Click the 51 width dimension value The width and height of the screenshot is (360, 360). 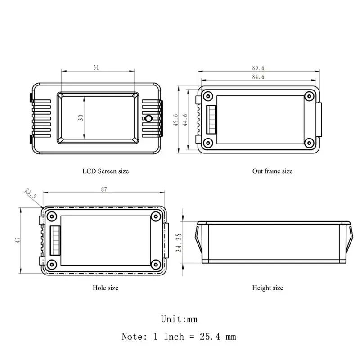(96, 67)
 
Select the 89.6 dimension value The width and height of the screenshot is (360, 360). (258, 68)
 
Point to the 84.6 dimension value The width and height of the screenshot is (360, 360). (258, 77)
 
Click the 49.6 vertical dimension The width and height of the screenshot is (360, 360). (176, 120)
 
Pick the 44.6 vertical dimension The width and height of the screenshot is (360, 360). (185, 120)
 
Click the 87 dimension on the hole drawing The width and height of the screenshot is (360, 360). (104, 190)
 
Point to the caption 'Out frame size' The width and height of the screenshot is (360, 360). (272, 171)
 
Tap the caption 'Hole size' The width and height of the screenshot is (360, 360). (105, 288)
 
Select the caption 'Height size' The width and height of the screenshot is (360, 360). (268, 288)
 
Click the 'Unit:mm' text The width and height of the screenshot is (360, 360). (179, 319)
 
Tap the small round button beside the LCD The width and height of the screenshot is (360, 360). (148, 119)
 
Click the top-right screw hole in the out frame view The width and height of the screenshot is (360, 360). (309, 96)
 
